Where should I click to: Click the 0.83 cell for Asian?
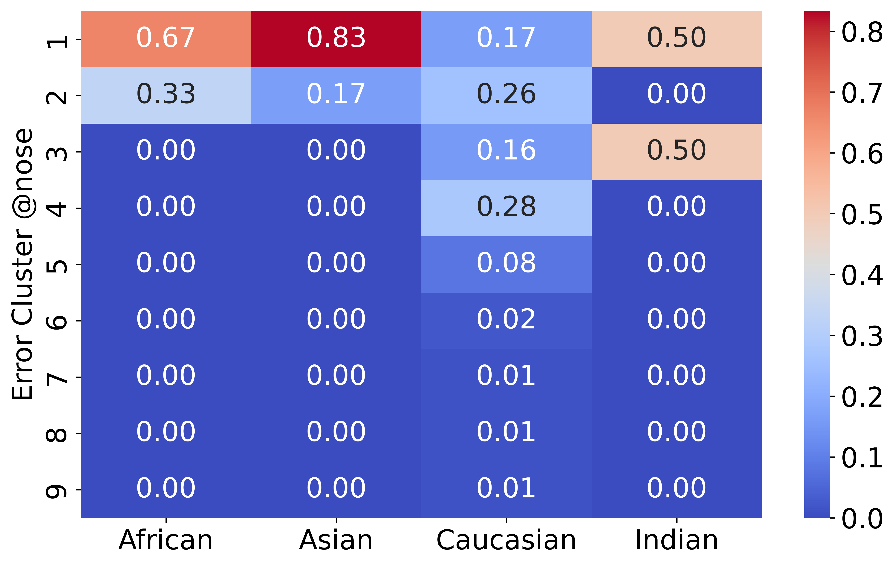[336, 39]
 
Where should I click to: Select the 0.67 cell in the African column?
[166, 39]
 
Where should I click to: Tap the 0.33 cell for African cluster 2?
[166, 95]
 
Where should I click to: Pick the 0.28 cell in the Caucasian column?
[506, 208]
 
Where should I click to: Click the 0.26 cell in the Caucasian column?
[506, 95]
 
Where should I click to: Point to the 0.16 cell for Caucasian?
[506, 152]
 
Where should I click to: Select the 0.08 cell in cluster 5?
[506, 264]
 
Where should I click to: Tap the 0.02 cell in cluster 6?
[506, 321]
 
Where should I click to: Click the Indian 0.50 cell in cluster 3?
[676, 152]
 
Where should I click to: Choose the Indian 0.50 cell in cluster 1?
[676, 39]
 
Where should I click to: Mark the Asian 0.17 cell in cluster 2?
[336, 95]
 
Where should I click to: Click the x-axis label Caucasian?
[506, 540]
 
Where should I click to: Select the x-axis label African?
[166, 540]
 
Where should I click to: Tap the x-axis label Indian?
[676, 540]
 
